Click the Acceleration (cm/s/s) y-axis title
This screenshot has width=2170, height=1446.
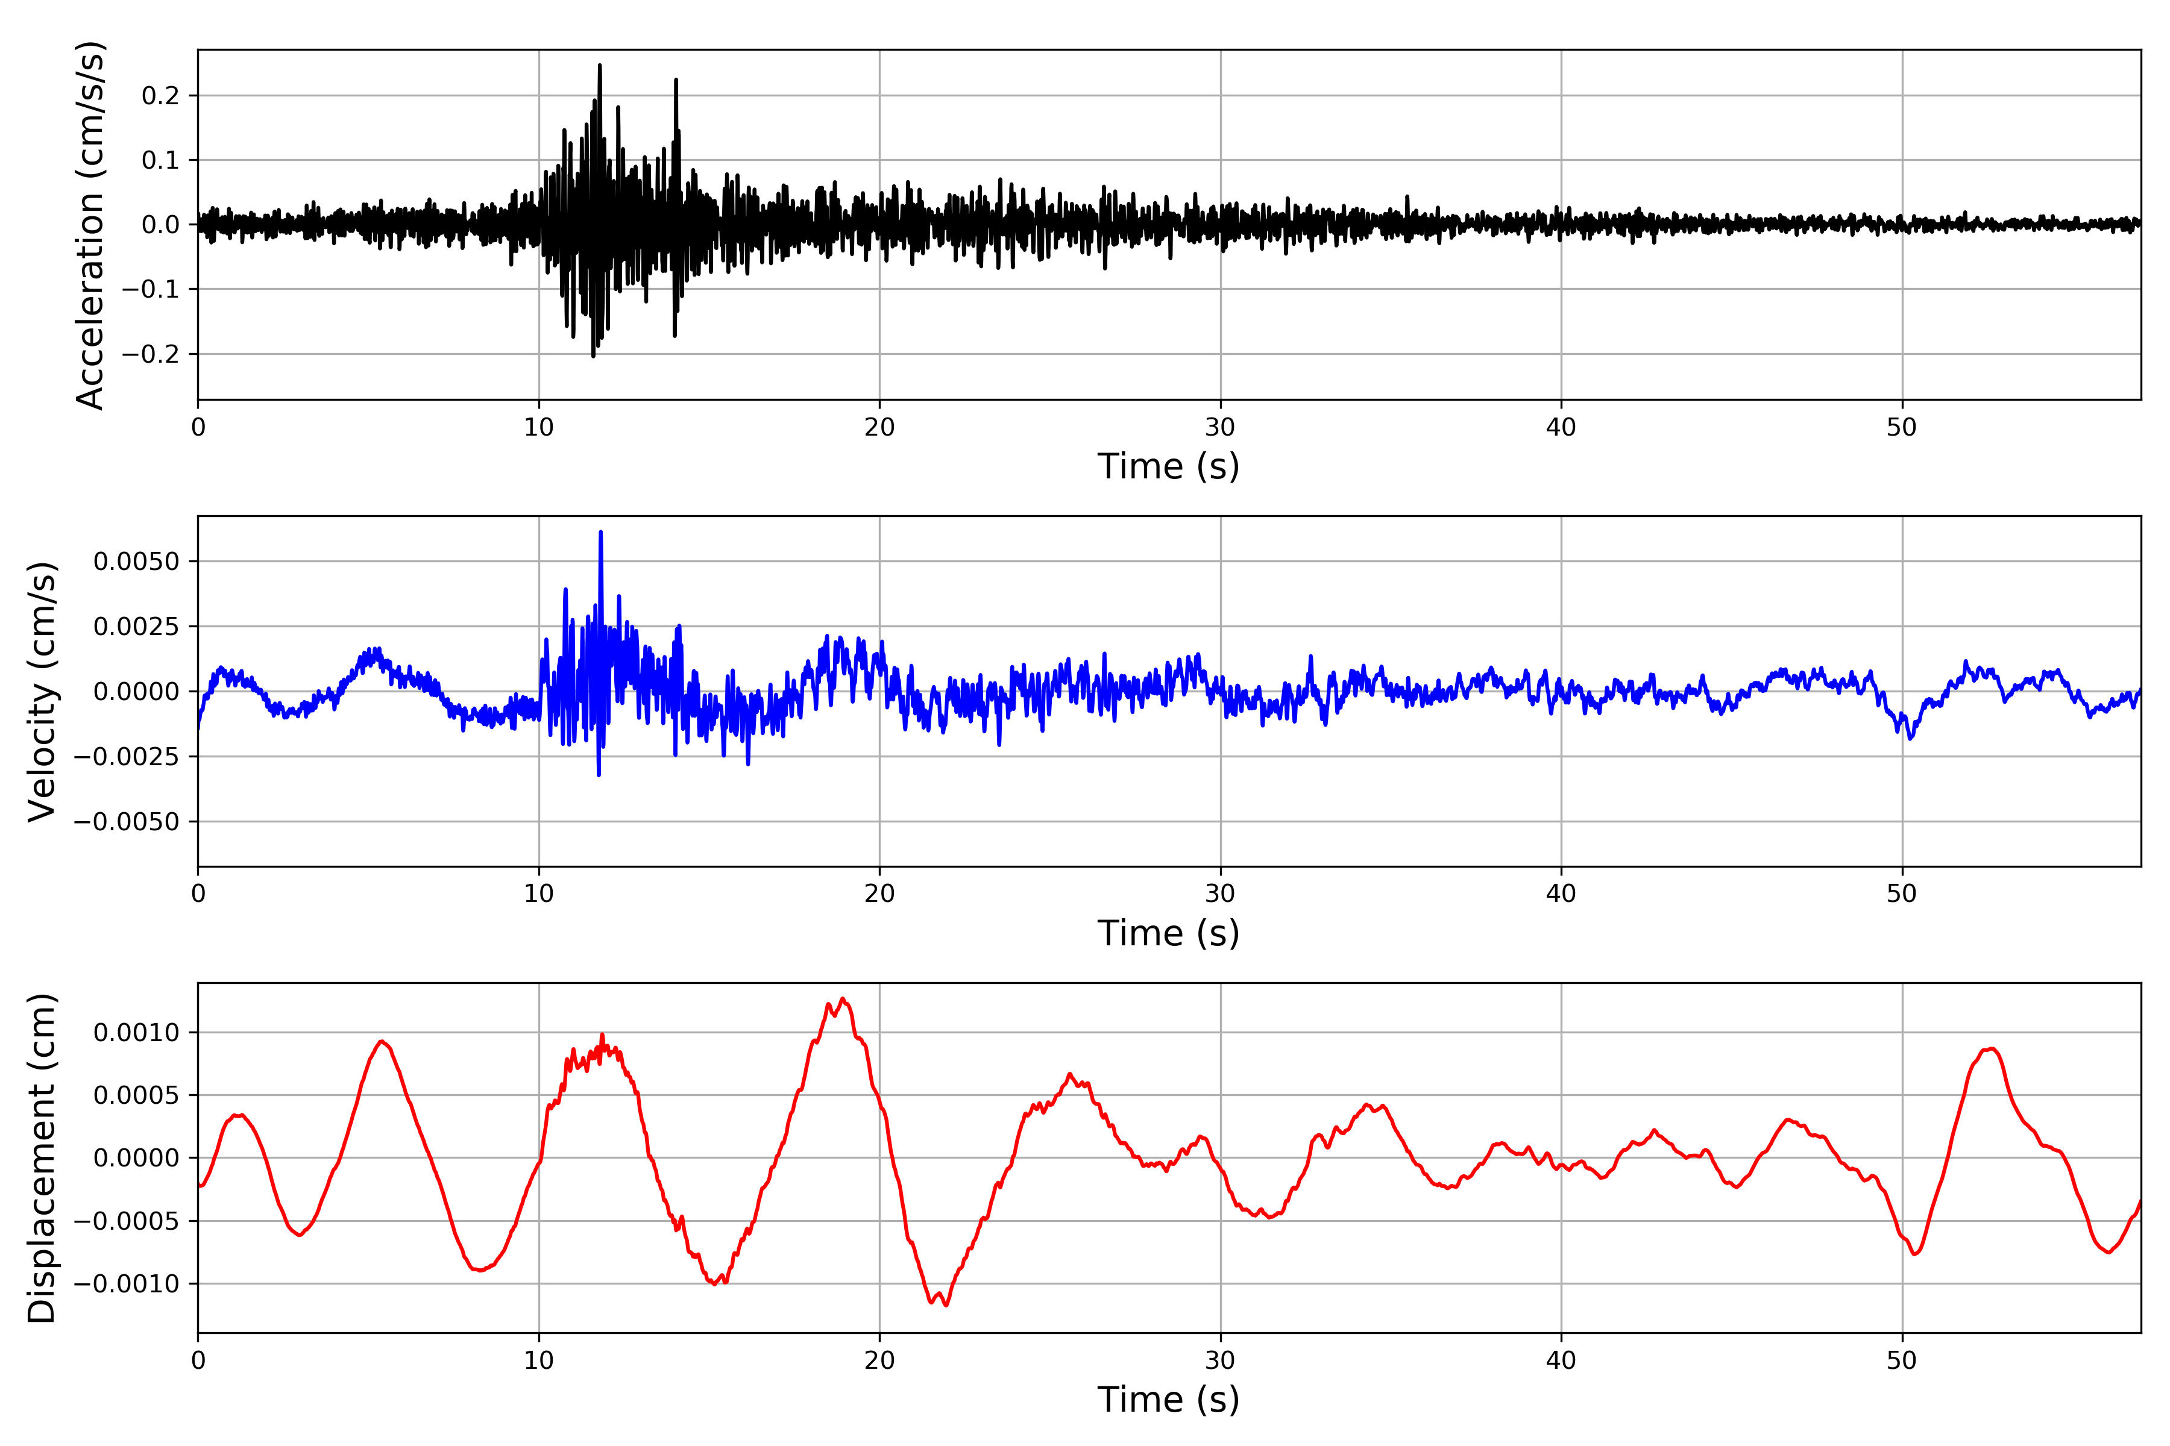[x=90, y=225]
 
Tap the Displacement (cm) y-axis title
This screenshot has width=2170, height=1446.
[x=42, y=1157]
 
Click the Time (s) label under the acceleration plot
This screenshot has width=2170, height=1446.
[x=1168, y=466]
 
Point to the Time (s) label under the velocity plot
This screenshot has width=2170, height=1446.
[x=1168, y=933]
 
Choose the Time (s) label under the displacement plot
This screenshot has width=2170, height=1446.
[x=1168, y=1400]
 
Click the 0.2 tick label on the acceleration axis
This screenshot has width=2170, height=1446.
[x=160, y=96]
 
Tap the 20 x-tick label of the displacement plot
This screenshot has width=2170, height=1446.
[x=879, y=1360]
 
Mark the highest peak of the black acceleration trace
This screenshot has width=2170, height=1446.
[x=600, y=66]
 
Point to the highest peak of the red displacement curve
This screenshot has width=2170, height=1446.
[x=842, y=999]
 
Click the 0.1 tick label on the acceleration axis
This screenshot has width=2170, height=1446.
[x=160, y=160]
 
